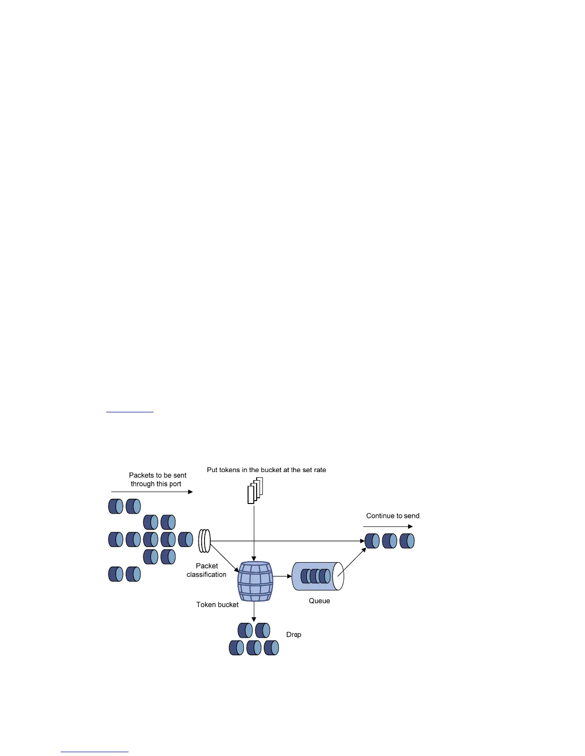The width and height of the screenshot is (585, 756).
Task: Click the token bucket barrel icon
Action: [x=255, y=581]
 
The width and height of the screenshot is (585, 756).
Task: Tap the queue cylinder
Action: [x=317, y=576]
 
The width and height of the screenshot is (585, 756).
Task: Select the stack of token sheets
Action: [x=256, y=490]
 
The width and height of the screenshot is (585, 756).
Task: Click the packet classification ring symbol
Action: [x=204, y=541]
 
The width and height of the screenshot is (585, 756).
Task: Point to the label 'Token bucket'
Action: [x=217, y=605]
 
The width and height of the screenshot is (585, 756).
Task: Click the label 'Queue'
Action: [x=319, y=601]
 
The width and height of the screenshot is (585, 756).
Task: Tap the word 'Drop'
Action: [x=293, y=635]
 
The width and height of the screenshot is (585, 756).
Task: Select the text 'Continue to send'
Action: [x=393, y=516]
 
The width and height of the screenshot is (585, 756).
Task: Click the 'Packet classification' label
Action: [x=206, y=570]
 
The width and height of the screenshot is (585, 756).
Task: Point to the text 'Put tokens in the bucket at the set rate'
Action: [x=266, y=470]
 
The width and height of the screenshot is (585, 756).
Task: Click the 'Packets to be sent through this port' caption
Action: [x=157, y=480]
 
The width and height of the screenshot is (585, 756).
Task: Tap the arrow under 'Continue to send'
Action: [x=388, y=527]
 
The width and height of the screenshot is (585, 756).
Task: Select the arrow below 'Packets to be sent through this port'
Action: [x=152, y=492]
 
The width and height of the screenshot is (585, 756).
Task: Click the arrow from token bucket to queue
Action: [x=282, y=576]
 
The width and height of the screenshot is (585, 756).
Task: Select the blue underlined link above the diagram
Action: [x=130, y=411]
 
